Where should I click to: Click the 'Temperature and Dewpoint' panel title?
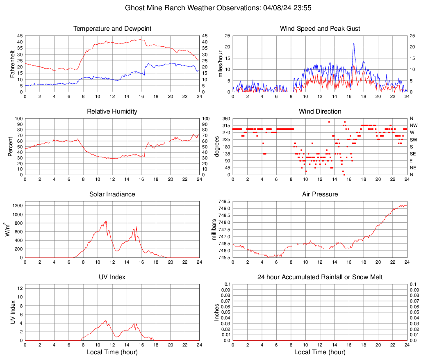tap(112, 29)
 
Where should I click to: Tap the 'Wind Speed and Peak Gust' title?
tap(320, 29)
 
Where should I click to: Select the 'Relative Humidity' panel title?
tap(112, 112)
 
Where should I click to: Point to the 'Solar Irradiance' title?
tap(112, 194)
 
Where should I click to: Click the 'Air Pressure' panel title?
tap(320, 194)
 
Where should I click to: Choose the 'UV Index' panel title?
tap(112, 277)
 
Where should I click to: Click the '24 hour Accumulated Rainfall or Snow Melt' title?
tap(320, 277)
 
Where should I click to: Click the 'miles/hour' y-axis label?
tap(221, 64)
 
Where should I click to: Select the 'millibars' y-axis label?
tap(214, 229)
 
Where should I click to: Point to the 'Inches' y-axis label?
tap(217, 312)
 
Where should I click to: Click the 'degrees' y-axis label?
tap(217, 146)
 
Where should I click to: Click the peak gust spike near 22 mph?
tap(353, 42)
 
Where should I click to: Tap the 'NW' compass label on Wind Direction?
tap(413, 125)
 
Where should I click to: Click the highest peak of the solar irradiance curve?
tap(106, 221)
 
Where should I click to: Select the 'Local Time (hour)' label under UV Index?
tap(112, 352)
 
